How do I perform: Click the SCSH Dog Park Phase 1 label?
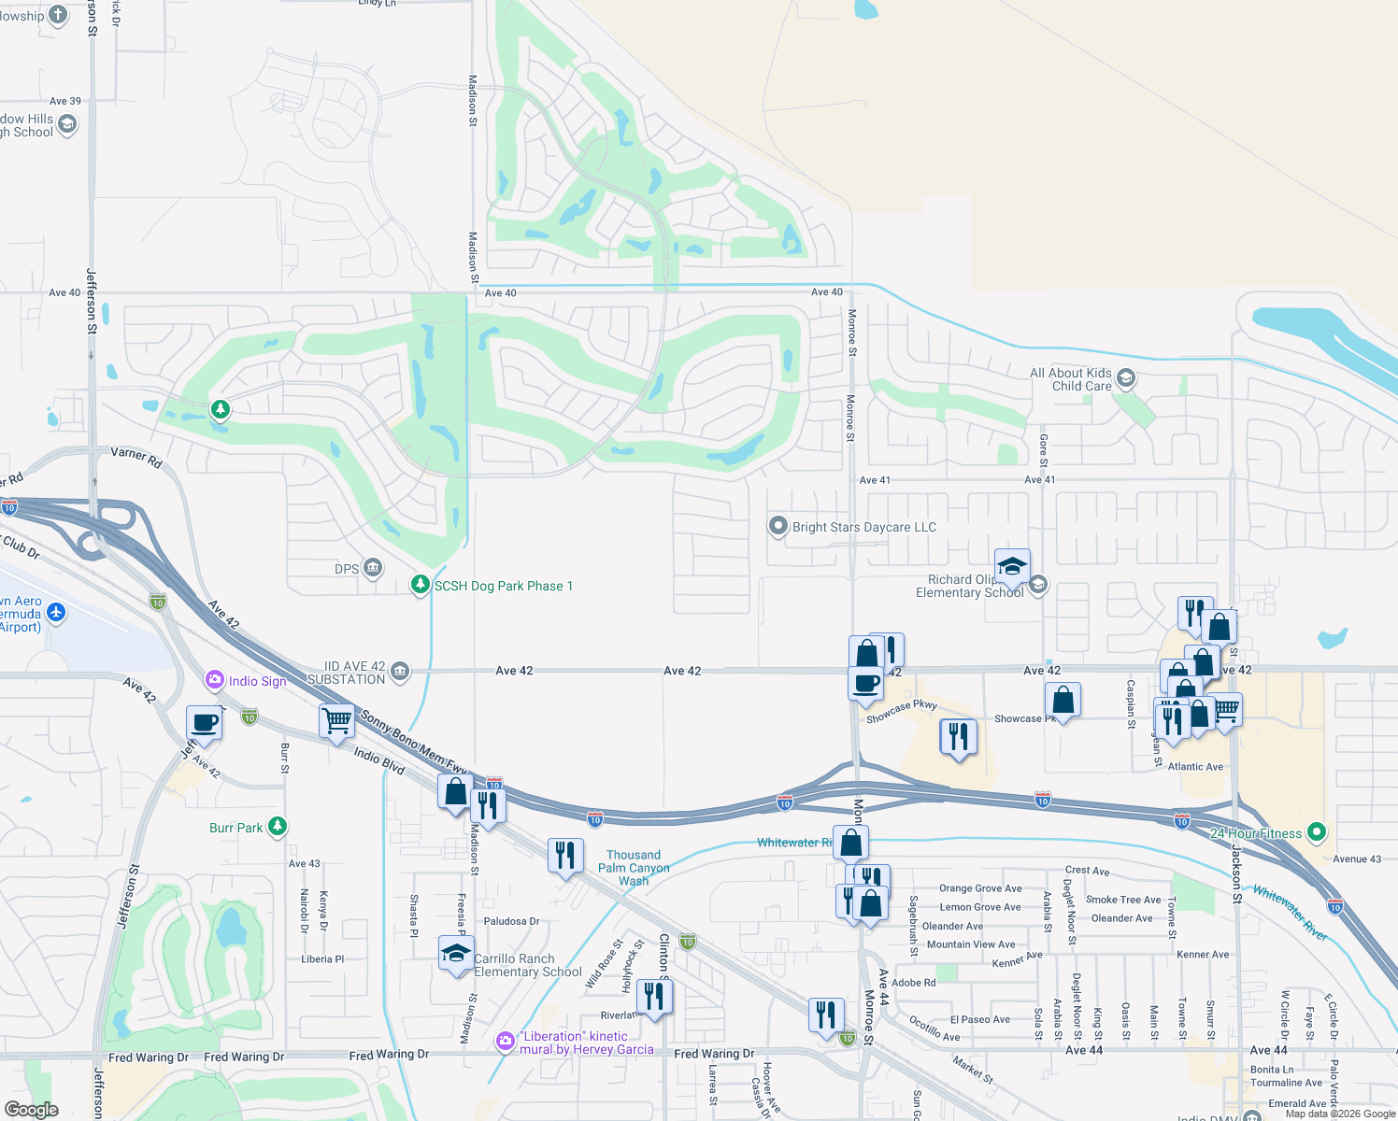(x=503, y=586)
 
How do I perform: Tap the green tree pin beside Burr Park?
(x=277, y=827)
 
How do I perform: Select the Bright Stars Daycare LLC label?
(x=863, y=527)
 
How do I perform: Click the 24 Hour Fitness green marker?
(x=1316, y=831)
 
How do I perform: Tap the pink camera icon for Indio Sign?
(x=215, y=680)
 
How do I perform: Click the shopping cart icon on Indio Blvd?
(x=336, y=721)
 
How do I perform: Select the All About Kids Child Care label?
(x=1071, y=379)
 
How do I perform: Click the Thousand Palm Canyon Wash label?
(x=634, y=868)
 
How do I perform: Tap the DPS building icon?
(x=372, y=568)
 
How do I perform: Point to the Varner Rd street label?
(x=136, y=456)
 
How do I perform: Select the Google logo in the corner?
(x=32, y=1109)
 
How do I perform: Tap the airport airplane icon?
(x=56, y=613)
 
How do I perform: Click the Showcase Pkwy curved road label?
(x=901, y=711)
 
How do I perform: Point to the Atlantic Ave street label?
(x=1195, y=767)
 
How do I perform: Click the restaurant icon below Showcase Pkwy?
(x=958, y=737)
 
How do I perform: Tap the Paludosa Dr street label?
(x=511, y=921)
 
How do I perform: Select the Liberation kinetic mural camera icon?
(x=506, y=1041)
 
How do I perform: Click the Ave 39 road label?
(x=65, y=101)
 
